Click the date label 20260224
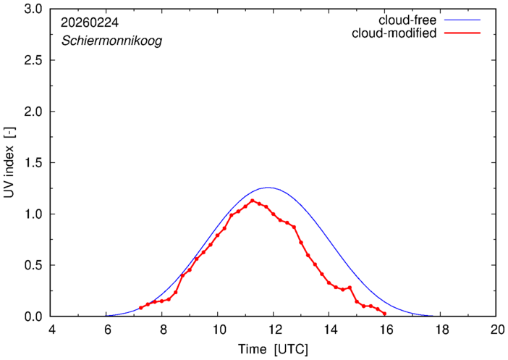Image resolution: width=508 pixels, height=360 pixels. click(90, 23)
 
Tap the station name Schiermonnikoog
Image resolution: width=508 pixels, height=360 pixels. click(111, 41)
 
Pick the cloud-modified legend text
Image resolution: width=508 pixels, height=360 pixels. click(394, 33)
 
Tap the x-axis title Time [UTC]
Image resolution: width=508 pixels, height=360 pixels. click(274, 349)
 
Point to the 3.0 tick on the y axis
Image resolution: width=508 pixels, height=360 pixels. click(33, 9)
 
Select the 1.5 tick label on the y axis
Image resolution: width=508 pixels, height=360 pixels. click(33, 163)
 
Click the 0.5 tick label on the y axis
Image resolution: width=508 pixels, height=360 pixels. click(33, 265)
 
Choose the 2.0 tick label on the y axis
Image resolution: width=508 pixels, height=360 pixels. click(33, 112)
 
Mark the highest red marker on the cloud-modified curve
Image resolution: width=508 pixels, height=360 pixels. click(252, 201)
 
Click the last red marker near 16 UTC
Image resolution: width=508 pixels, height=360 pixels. click(384, 314)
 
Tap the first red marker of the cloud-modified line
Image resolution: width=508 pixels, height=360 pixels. click(141, 308)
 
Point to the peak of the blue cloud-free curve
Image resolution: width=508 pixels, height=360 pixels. click(268, 188)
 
